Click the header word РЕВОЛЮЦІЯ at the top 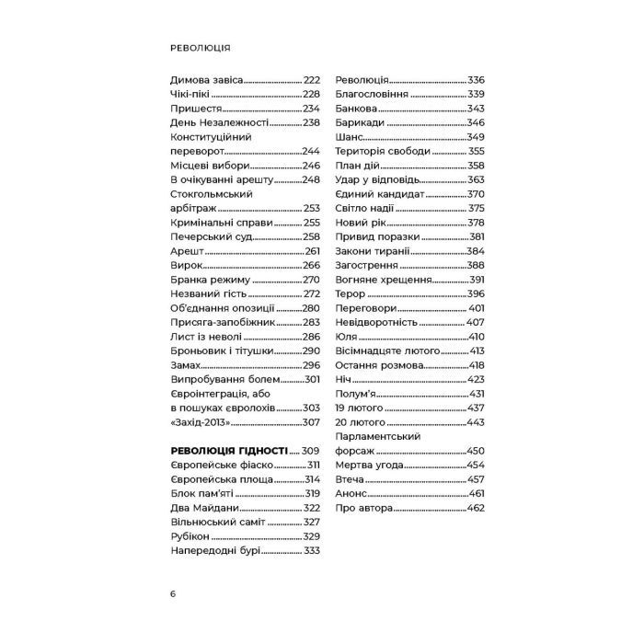(x=200, y=47)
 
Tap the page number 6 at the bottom (x=173, y=592)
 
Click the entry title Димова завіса (x=208, y=80)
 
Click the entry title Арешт (x=187, y=251)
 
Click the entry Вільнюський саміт (x=217, y=522)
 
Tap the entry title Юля (x=347, y=337)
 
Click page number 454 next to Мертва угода (x=476, y=466)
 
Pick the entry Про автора (x=365, y=508)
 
